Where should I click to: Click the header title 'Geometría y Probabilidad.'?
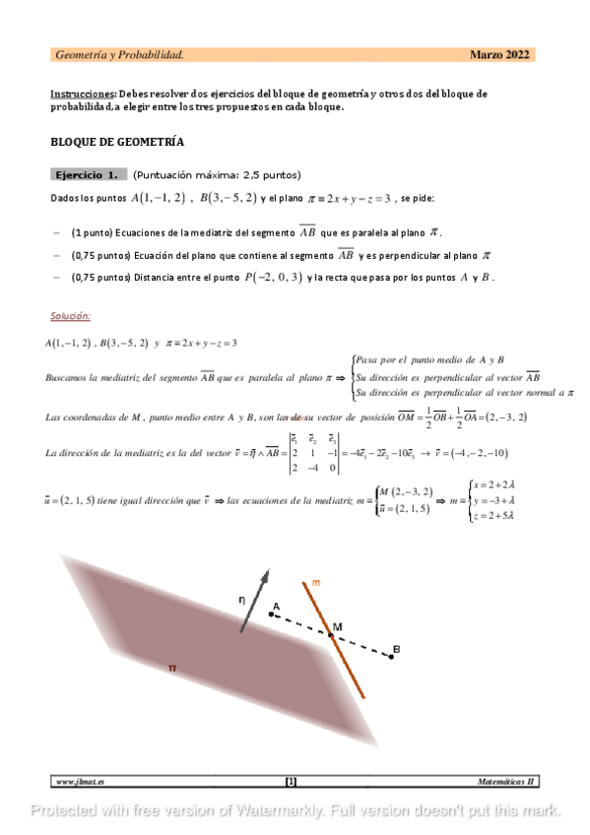tap(119, 55)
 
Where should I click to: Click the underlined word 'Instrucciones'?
tap(82, 94)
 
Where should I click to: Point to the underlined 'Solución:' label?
tap(70, 316)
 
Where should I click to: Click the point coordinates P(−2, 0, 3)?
tap(272, 278)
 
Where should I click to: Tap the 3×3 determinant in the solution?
tap(313, 453)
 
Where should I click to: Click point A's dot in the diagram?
tap(272, 614)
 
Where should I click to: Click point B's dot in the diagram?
tap(391, 657)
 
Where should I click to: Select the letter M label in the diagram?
tap(337, 627)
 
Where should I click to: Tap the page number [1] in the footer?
tap(291, 782)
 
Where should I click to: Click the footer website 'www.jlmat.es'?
tap(81, 782)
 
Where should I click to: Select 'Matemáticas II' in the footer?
tap(505, 782)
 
